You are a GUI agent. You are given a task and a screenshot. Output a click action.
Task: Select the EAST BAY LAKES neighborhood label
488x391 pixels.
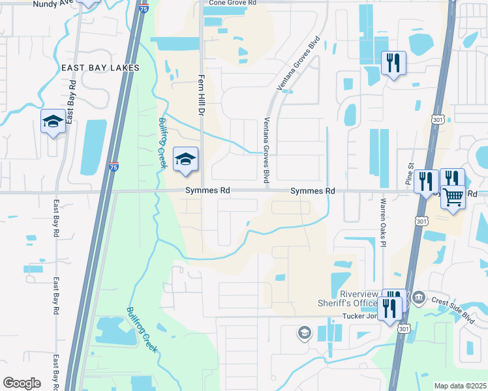[100, 68]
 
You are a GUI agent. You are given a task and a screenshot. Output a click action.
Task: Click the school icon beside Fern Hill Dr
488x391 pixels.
[185, 159]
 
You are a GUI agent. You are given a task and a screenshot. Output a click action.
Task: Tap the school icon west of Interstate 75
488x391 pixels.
[53, 121]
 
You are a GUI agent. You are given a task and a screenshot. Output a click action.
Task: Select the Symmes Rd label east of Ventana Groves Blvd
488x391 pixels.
[312, 191]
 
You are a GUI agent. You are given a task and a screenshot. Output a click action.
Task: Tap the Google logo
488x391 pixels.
[22, 383]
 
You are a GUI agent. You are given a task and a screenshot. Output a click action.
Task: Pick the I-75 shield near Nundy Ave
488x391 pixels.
[144, 8]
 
